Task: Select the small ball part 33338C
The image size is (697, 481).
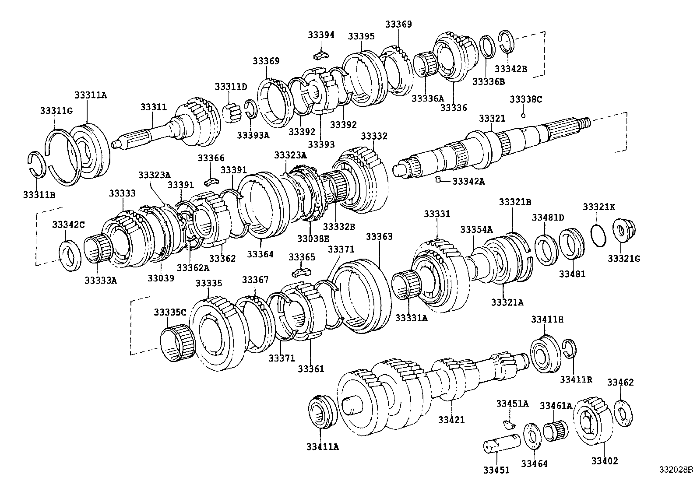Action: click(523, 116)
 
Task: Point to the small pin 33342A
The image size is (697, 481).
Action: click(437, 179)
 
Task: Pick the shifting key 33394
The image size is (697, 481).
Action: click(320, 55)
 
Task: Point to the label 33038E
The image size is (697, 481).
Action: click(313, 239)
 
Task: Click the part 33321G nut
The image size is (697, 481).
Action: click(625, 232)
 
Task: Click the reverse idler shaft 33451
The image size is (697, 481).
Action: click(501, 443)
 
